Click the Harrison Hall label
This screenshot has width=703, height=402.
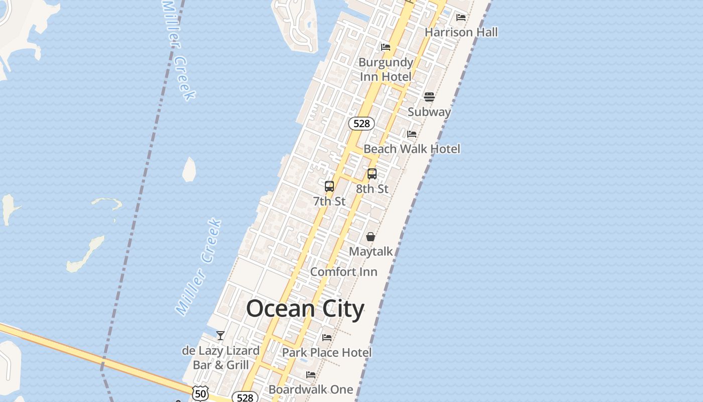(461, 32)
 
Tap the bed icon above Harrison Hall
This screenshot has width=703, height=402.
(461, 18)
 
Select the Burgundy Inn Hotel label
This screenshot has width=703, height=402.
(386, 69)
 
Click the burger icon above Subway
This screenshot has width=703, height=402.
(429, 96)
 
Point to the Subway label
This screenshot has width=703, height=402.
(429, 112)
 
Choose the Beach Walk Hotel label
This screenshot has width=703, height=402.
(412, 149)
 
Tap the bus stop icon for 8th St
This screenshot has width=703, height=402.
(372, 174)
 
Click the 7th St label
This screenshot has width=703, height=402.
(329, 201)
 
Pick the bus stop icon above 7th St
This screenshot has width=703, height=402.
(329, 186)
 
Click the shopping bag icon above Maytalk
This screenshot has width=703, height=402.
(371, 237)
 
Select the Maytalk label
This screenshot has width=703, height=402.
(371, 251)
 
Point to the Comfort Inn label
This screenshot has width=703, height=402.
(343, 272)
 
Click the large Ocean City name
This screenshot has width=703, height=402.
(305, 309)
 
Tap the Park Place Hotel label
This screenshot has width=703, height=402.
(327, 352)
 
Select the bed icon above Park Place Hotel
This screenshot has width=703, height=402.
(327, 338)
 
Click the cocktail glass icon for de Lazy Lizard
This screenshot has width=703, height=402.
(220, 336)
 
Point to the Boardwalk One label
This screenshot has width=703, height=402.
(311, 389)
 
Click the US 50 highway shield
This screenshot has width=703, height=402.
(200, 393)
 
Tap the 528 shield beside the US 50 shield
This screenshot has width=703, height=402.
(245, 397)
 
